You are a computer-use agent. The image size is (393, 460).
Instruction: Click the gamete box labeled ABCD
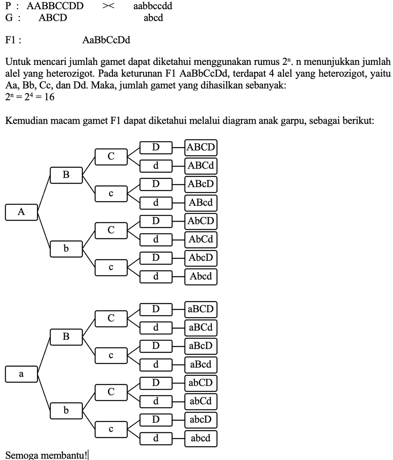click(x=201, y=147)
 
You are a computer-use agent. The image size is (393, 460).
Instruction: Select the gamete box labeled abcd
click(x=201, y=438)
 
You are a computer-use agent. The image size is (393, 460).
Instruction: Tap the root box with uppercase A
click(x=21, y=212)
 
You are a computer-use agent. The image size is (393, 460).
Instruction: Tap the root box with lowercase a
click(x=21, y=374)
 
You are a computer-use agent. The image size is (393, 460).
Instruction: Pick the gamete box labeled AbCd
click(x=201, y=239)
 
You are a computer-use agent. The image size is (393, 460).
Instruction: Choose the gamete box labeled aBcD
click(x=201, y=346)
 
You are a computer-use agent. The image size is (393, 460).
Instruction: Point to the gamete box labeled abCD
click(x=201, y=383)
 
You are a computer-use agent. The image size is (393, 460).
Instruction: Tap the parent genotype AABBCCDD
click(x=55, y=7)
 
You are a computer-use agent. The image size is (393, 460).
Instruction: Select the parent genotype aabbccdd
click(x=153, y=7)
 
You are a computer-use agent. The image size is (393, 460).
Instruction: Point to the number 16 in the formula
click(x=49, y=98)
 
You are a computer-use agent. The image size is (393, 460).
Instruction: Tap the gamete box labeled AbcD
click(x=201, y=257)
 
